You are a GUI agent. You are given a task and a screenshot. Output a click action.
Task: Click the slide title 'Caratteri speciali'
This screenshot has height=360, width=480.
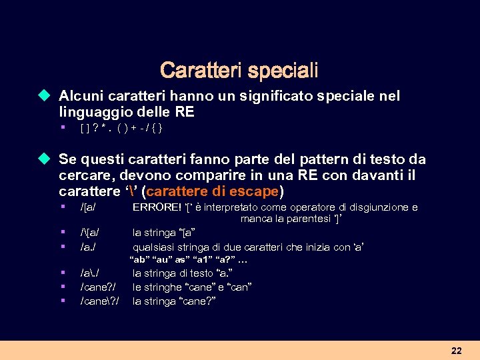[x=239, y=70]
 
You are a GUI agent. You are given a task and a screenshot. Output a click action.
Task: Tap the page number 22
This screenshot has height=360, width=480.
[x=457, y=351]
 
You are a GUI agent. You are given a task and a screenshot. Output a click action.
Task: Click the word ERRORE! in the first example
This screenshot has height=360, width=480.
[x=157, y=207]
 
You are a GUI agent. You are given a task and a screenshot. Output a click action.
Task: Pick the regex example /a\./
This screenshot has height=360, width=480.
[x=93, y=273]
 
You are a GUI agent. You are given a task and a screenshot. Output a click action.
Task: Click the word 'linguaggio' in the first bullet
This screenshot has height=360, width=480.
[x=91, y=111]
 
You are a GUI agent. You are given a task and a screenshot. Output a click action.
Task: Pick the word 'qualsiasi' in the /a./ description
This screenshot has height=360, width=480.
[x=153, y=247]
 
